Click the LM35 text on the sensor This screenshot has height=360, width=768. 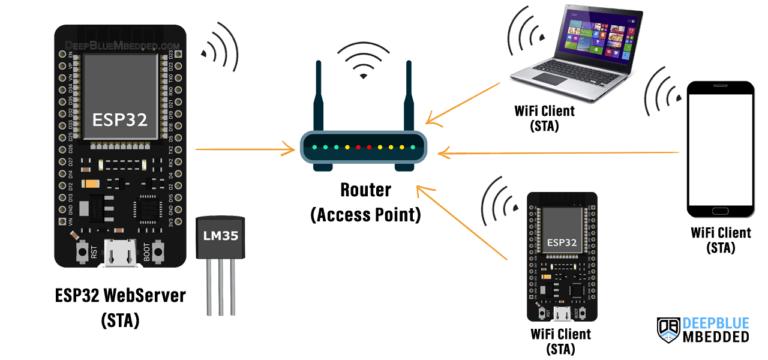coord(218,239)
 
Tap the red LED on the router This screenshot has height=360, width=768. coord(369,147)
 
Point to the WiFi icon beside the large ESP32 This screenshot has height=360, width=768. coord(221,46)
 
